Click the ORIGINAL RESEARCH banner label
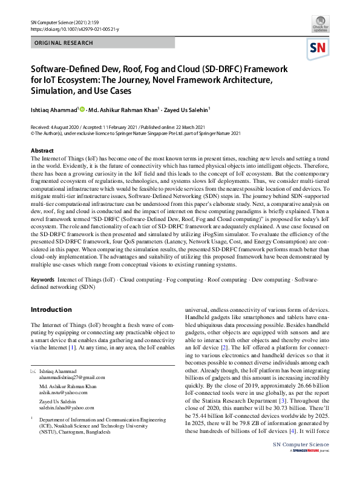click(x=64, y=43)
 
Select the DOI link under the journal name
click(x=75, y=28)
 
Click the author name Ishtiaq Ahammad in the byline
click(x=53, y=110)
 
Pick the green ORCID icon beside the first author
click(x=82, y=109)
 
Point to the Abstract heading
click(x=42, y=150)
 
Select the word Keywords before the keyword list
click(x=42, y=279)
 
